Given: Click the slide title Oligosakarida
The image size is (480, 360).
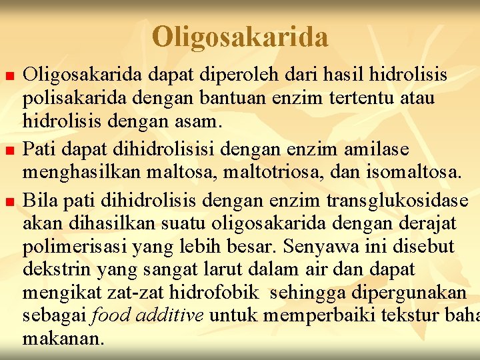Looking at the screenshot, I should [x=240, y=37].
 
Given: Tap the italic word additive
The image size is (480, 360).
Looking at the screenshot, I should [x=169, y=315].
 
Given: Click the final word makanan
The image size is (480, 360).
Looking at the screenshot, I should [x=63, y=339].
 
